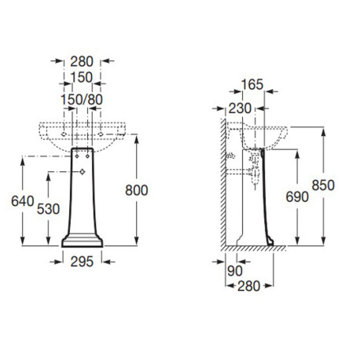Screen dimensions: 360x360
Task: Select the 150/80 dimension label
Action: coord(82,99)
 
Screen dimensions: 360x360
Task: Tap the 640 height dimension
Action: coord(22,200)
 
